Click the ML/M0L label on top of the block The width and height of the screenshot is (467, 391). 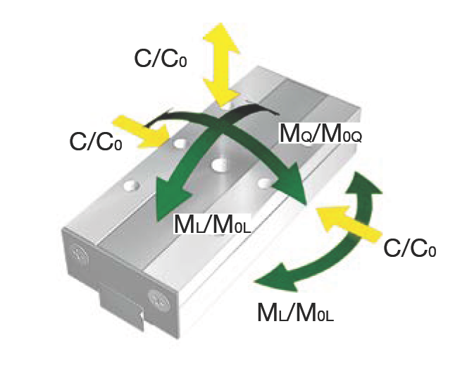tap(213, 225)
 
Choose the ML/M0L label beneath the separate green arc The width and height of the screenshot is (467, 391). tap(295, 311)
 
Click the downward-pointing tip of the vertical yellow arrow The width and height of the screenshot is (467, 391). tap(223, 99)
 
